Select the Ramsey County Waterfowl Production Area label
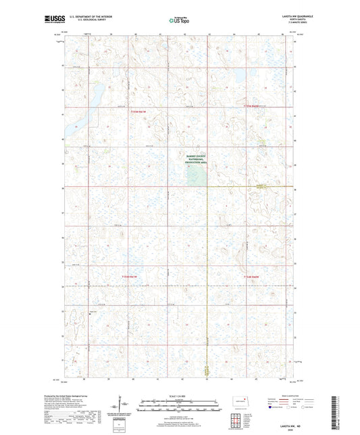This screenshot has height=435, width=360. tap(198, 159)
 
